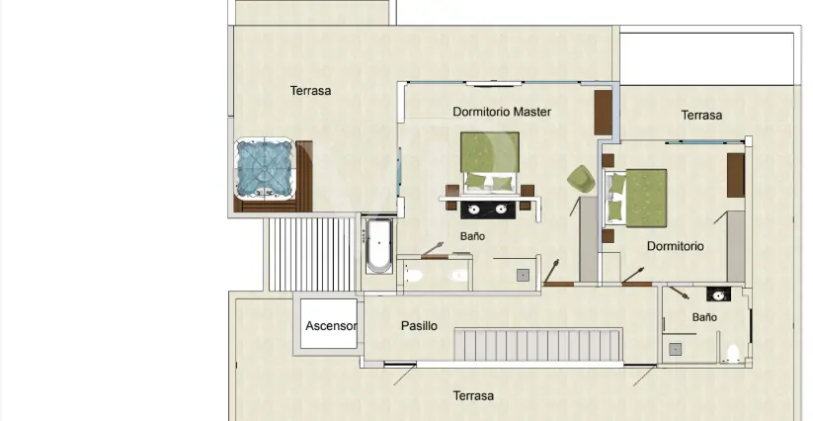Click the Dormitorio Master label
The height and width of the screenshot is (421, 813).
pyautogui.click(x=502, y=112)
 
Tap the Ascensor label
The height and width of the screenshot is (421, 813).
pyautogui.click(x=331, y=326)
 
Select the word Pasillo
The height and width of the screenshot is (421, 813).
pyautogui.click(x=419, y=326)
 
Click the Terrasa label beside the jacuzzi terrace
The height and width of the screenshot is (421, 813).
pyautogui.click(x=310, y=91)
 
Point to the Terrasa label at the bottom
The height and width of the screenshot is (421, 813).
pyautogui.click(x=473, y=396)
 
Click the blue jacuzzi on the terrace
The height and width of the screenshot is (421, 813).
pyautogui.click(x=266, y=168)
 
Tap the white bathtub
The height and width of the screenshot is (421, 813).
pyautogui.click(x=379, y=246)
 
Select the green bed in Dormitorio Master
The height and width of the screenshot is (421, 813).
pyautogui.click(x=489, y=162)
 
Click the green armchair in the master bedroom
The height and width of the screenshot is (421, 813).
pyautogui.click(x=581, y=179)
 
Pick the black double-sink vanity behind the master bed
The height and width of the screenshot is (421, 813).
pyautogui.click(x=487, y=210)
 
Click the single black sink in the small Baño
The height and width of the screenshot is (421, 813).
pyautogui.click(x=718, y=295)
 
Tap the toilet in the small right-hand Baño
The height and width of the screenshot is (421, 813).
pyautogui.click(x=732, y=354)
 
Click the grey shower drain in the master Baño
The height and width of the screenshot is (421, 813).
pyautogui.click(x=523, y=276)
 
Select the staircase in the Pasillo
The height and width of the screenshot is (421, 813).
pyautogui.click(x=538, y=345)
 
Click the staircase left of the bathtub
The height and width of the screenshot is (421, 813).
pyautogui.click(x=311, y=254)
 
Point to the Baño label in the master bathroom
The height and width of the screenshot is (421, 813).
pyautogui.click(x=472, y=236)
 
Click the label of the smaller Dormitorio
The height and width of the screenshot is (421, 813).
pyautogui.click(x=675, y=246)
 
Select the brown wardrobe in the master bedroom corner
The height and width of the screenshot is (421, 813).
pyautogui.click(x=603, y=113)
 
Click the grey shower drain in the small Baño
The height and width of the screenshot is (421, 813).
pyautogui.click(x=675, y=350)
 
